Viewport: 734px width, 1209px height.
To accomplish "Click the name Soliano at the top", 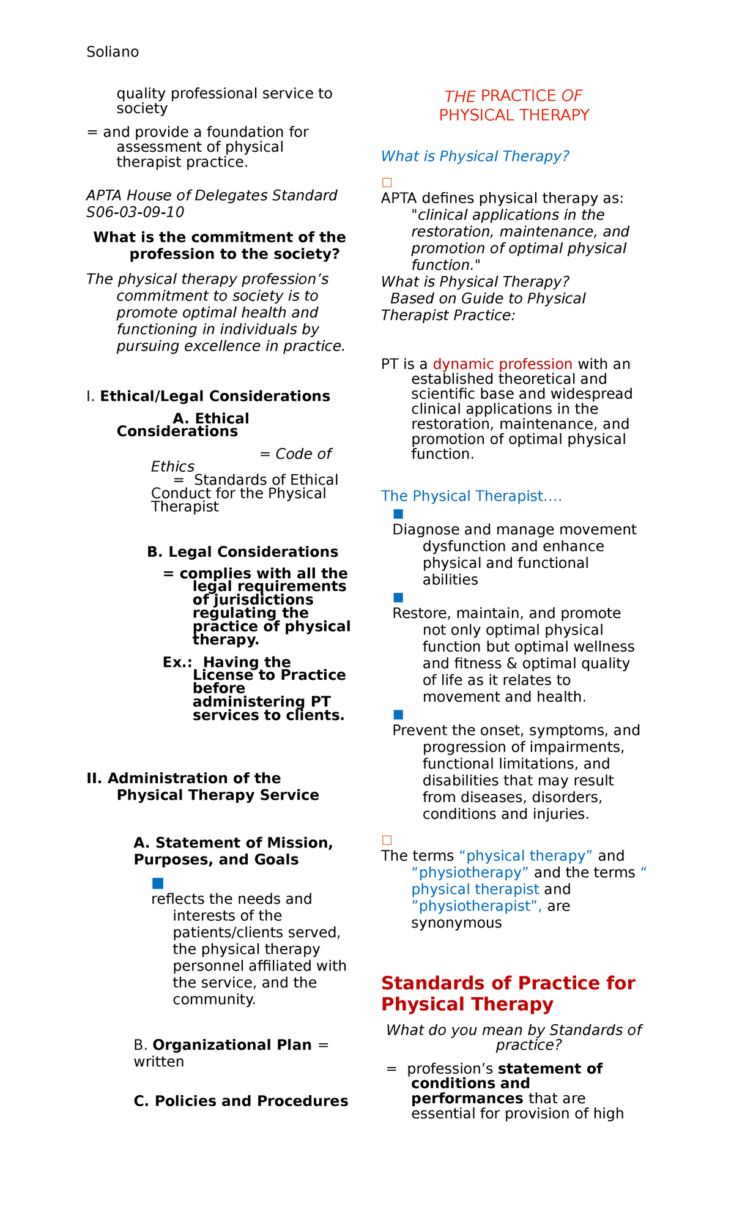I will (x=113, y=52).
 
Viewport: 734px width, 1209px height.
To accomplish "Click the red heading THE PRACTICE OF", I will (x=513, y=96).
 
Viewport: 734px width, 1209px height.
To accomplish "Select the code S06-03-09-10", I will (x=135, y=212).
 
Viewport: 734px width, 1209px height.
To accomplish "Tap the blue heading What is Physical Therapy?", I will (x=475, y=157).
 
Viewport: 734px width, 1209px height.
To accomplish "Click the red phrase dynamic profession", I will (x=502, y=364).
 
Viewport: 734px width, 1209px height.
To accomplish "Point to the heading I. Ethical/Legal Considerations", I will (x=208, y=396).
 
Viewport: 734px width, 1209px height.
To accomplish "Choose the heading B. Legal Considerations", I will (x=242, y=552).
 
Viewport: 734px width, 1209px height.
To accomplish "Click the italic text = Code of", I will (x=295, y=454).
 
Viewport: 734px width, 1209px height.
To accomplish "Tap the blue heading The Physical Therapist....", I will (x=471, y=496).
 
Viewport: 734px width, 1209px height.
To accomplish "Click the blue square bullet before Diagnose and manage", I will (x=398, y=514).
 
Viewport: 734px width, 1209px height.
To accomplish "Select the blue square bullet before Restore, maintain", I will (x=398, y=598).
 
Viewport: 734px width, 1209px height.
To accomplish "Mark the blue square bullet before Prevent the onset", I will (x=398, y=715).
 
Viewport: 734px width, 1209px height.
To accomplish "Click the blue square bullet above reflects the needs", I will (x=157, y=883).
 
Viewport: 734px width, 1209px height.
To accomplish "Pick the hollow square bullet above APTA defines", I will (x=387, y=182).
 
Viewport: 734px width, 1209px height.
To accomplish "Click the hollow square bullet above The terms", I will (x=387, y=840).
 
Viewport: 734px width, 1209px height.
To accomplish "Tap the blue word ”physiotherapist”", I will (x=476, y=906).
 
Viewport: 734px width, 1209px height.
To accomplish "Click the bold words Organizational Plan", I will (x=232, y=1045).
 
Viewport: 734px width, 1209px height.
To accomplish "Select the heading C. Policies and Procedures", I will (x=240, y=1101).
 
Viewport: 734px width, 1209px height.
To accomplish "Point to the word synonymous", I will (x=456, y=923).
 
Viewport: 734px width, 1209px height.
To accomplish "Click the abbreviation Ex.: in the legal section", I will (x=177, y=663).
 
